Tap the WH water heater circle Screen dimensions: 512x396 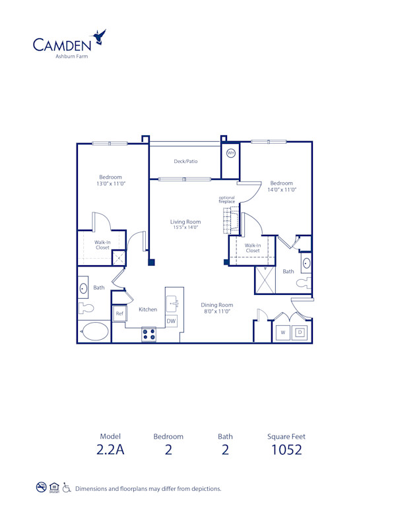pos(230,153)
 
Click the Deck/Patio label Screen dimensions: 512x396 pos(185,161)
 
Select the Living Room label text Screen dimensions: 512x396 pos(185,222)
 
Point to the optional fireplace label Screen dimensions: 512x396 pos(227,199)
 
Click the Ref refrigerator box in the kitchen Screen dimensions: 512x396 pos(119,314)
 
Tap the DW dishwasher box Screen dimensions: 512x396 pos(171,321)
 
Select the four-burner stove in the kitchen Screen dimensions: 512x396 pos(148,335)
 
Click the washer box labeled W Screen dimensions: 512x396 pos(282,333)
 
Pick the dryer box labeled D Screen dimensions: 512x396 pos(299,333)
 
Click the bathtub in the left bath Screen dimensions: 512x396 pos(96,332)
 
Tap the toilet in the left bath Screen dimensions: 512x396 pos(86,307)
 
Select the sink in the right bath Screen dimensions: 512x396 pos(306,264)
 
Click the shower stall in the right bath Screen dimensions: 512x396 pos(265,280)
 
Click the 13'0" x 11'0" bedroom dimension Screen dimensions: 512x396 pos(111,183)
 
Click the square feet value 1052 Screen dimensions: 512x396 pos(286,450)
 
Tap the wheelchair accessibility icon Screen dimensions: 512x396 pos(67,488)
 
